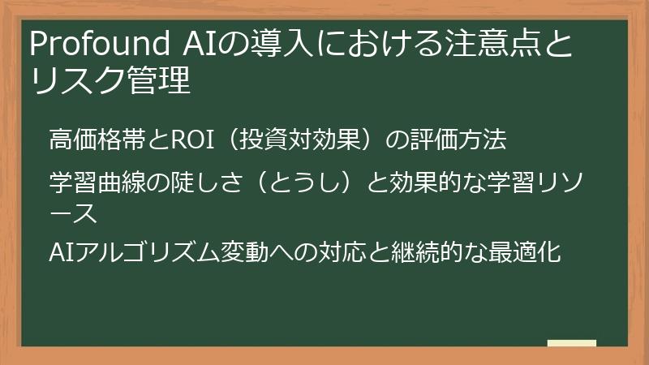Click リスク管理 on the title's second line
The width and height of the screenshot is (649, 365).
110,82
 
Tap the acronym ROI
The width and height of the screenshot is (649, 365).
188,140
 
